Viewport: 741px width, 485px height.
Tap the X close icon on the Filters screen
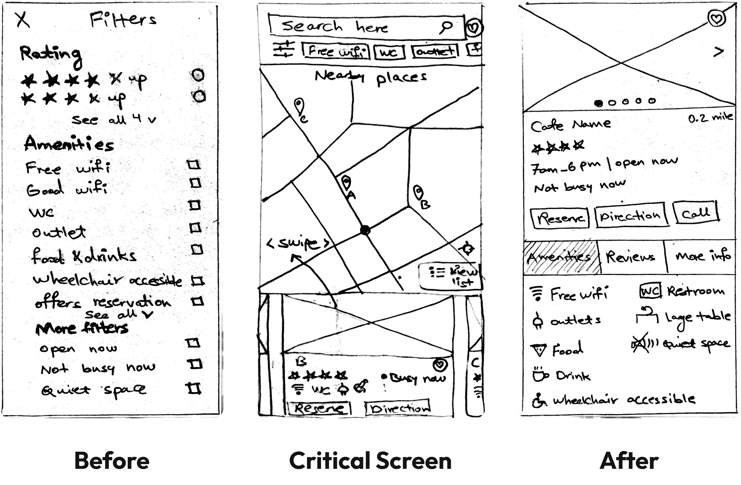23,20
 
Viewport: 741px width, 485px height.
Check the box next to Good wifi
195,183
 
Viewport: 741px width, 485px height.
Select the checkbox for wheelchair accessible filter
197,281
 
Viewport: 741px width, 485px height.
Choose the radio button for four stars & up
198,75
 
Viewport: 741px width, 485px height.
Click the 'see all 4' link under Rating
114,119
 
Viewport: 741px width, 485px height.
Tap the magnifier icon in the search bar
446,27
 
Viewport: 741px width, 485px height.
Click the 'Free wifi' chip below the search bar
336,52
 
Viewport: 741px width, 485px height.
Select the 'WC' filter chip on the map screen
389,52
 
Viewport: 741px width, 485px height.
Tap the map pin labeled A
346,183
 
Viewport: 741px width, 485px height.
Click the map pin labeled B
419,192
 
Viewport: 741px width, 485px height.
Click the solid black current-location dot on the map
365,230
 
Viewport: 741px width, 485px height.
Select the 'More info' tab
703,256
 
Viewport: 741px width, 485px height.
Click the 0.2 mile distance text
710,118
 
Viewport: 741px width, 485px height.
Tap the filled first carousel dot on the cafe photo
598,103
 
